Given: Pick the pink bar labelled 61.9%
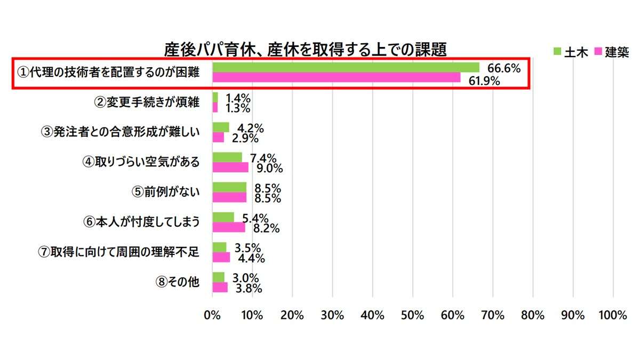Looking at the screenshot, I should point(336,78).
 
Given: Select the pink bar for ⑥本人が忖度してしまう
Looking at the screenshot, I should point(229,227).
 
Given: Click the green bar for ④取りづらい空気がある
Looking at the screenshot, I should point(227,157).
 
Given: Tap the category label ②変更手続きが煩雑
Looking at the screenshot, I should point(147,102).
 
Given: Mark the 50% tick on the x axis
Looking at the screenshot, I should point(413,315).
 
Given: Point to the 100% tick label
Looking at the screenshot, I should point(613,315).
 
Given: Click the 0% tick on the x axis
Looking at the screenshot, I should point(212,315).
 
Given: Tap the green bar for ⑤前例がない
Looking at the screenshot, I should point(229,187).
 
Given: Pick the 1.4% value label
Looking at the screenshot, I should point(238,98).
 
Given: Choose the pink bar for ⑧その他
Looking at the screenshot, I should point(220,287).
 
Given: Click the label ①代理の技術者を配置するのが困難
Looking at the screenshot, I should point(108,73).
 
